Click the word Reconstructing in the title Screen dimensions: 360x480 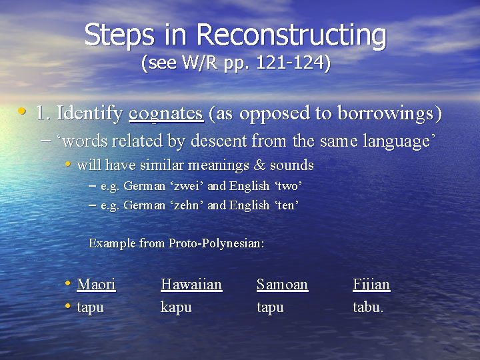(x=291, y=35)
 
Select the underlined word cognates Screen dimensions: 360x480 (x=167, y=114)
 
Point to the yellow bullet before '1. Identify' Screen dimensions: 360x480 (x=23, y=111)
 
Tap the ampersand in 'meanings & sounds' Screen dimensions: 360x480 (x=237, y=165)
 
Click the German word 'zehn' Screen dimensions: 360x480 (x=189, y=205)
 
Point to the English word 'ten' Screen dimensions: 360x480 (x=287, y=205)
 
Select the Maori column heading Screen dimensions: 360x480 (x=96, y=285)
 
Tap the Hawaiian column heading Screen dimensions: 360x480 (x=191, y=285)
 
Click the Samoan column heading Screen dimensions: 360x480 (x=282, y=285)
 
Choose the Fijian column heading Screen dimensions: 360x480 (x=371, y=285)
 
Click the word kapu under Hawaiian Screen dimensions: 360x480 (x=176, y=307)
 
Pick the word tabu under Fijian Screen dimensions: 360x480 (x=367, y=307)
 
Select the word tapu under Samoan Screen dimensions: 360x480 (x=270, y=307)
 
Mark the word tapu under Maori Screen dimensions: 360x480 (x=91, y=307)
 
